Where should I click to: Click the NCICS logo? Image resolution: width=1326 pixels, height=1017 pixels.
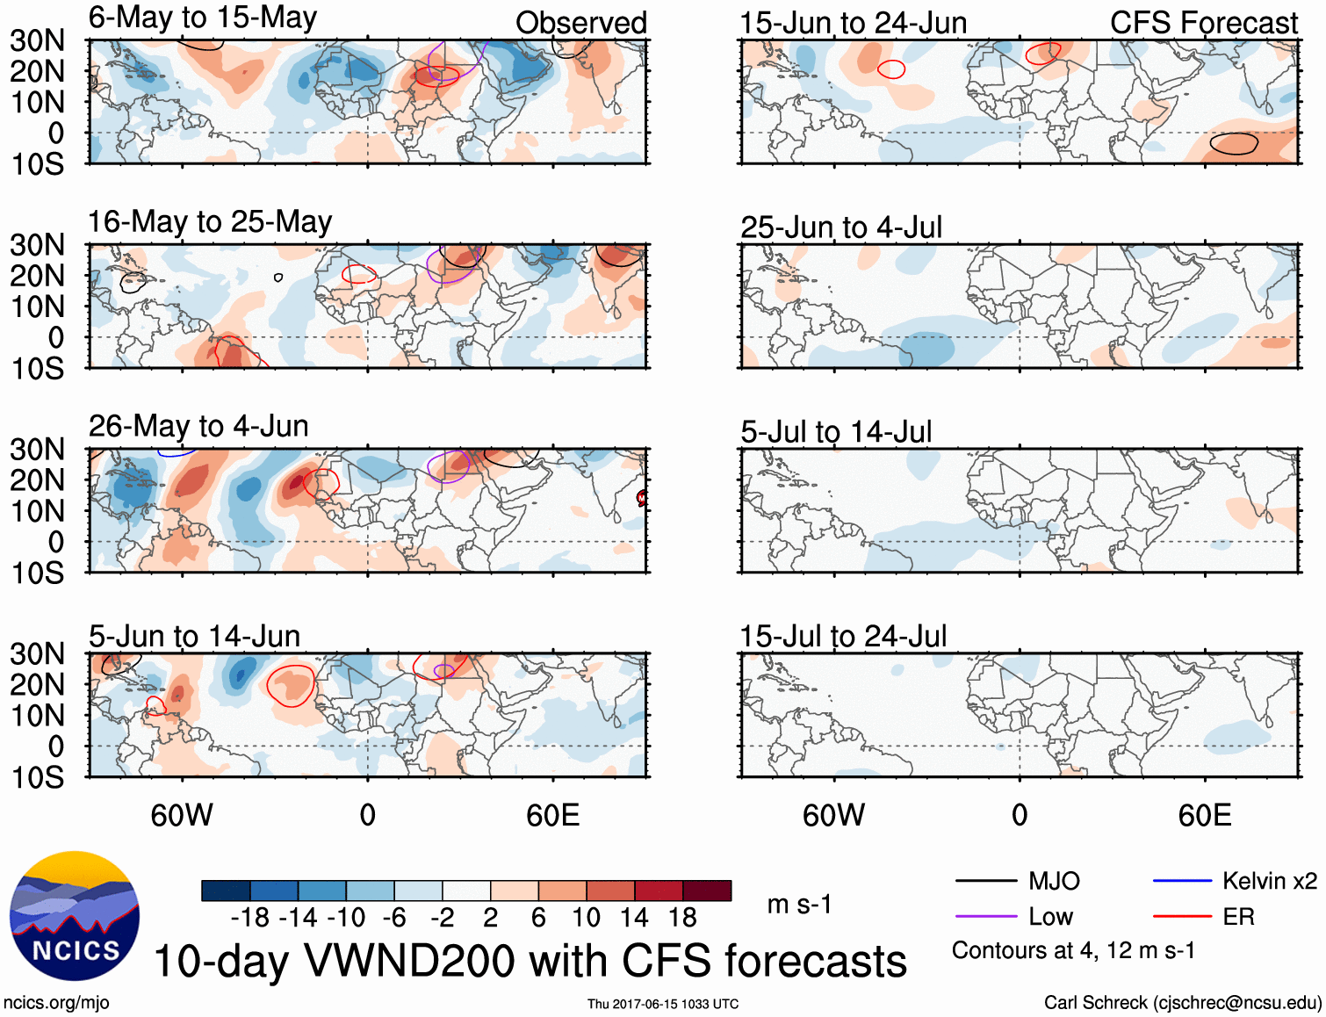point(75,916)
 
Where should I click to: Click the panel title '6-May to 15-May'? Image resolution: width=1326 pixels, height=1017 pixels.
point(203,18)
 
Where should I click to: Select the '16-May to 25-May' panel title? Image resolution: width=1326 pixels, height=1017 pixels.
point(210,222)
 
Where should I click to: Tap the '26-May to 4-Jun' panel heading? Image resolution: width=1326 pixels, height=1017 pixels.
point(198,427)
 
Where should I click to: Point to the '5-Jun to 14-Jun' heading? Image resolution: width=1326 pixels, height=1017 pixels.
point(195,636)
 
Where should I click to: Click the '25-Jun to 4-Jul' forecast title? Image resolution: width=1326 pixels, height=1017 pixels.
point(841,227)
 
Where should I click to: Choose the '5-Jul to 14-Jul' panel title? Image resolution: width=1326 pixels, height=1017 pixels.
point(836,432)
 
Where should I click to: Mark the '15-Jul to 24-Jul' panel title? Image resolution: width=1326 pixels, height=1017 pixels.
point(843,636)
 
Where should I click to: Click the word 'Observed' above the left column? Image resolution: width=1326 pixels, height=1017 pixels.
point(581,23)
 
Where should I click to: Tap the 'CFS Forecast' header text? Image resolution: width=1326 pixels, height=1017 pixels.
point(1204,23)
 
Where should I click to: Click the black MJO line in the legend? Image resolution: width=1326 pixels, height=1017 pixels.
point(985,881)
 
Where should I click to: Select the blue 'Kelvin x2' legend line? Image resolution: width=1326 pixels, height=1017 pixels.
point(1182,881)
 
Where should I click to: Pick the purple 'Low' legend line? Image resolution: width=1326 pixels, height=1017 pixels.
point(985,917)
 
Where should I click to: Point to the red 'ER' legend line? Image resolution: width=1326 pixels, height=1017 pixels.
point(1182,917)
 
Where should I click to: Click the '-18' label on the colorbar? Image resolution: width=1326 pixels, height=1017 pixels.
point(250,918)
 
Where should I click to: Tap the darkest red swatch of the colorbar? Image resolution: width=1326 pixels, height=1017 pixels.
point(707,891)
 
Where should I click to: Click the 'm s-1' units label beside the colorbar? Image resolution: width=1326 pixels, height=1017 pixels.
point(799,905)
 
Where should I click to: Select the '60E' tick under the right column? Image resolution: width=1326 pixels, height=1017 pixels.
point(1205,816)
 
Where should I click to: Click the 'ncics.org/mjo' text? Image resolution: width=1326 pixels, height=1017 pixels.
point(56,1003)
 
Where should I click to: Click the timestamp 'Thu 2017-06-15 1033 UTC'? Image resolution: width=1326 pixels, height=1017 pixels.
point(663,1004)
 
